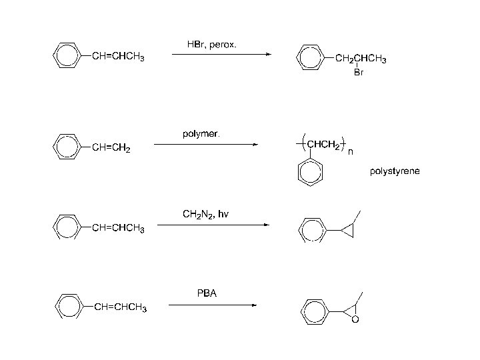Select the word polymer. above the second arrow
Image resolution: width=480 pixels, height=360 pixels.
click(x=201, y=134)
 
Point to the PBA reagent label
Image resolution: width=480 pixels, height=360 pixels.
click(x=207, y=293)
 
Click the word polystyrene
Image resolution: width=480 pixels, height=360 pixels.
click(x=395, y=171)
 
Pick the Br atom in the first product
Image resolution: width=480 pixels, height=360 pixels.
click(x=358, y=73)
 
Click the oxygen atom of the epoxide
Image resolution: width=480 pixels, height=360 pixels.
click(x=355, y=320)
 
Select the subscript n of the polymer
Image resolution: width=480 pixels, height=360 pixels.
click(x=351, y=153)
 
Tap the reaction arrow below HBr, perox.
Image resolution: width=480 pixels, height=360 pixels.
click(x=221, y=55)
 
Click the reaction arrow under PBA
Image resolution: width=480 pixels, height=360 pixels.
click(x=212, y=305)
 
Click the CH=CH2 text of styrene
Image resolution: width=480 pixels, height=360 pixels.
click(x=111, y=148)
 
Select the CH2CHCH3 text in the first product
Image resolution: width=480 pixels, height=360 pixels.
click(x=361, y=59)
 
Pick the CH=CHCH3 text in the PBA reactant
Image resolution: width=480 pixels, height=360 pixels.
click(x=120, y=307)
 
